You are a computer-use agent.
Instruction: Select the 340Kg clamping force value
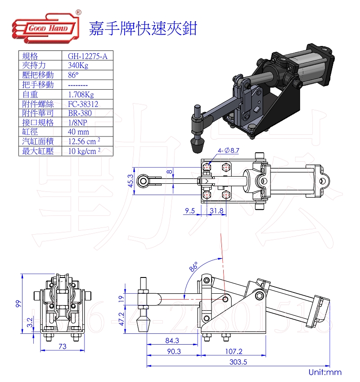(x=78, y=66)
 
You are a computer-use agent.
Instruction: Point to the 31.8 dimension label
(x=216, y=210)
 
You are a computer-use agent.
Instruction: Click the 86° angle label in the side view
(x=194, y=267)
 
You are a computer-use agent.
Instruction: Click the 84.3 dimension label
(x=172, y=341)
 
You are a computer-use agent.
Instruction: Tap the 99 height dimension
(x=18, y=303)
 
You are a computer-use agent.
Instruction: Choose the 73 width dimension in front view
(x=63, y=346)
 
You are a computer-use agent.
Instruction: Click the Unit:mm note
(x=325, y=372)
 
